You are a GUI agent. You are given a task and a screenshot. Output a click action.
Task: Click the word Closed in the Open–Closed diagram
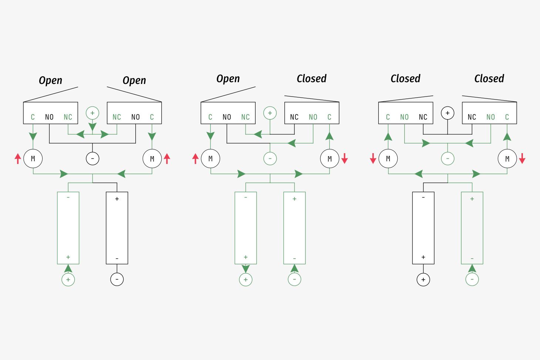[x=311, y=78]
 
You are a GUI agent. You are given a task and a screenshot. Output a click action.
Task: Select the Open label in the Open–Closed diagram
[x=228, y=79]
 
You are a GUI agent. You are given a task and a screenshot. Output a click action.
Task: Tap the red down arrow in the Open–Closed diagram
[x=344, y=158]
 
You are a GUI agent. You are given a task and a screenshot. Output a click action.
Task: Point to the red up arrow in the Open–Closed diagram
[x=195, y=158]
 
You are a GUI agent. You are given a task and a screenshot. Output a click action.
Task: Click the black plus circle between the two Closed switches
[x=448, y=113]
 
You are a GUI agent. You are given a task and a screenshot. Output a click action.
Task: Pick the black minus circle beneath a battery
[x=117, y=279]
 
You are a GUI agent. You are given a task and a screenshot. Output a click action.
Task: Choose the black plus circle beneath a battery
[x=423, y=279]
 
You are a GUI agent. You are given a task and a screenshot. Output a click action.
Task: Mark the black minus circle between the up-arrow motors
[x=92, y=158]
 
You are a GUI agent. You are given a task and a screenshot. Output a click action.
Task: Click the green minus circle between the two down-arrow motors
[x=448, y=158]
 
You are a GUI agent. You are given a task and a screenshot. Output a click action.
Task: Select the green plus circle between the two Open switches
[x=92, y=113]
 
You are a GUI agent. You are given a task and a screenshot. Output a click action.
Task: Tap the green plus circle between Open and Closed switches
[x=270, y=113]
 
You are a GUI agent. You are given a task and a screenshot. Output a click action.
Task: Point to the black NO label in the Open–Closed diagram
[x=227, y=117]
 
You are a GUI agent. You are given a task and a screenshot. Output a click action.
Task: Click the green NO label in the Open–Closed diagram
[x=313, y=117]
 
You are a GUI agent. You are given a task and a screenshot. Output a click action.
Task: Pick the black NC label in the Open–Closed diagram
[x=294, y=117]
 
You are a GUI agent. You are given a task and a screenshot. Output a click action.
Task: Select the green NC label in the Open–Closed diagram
[x=246, y=117]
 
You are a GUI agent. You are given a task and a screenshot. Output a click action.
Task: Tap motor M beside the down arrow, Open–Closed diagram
[x=330, y=158]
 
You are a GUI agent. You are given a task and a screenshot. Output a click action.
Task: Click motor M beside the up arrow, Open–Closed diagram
[x=210, y=158]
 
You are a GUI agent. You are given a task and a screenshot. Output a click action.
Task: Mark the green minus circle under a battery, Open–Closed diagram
[x=294, y=279]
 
